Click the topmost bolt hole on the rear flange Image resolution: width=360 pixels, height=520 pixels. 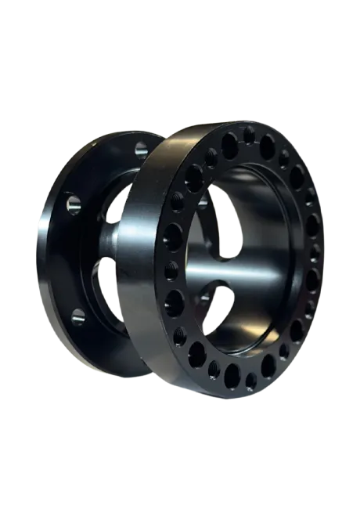[140, 147]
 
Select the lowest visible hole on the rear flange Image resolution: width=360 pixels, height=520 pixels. [79, 317]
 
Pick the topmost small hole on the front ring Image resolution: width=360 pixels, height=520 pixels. [249, 135]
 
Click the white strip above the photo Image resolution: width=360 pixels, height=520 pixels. [180, 39]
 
